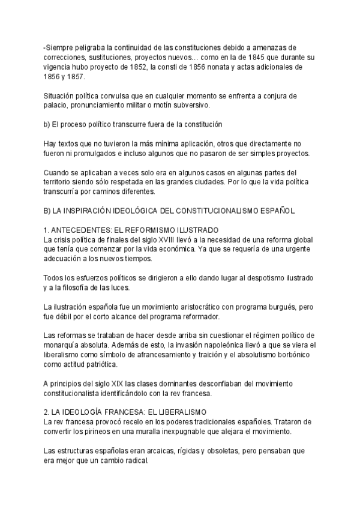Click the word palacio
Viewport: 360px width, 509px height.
[x=58, y=106]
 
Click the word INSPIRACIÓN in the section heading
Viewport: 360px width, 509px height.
[x=93, y=211]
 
